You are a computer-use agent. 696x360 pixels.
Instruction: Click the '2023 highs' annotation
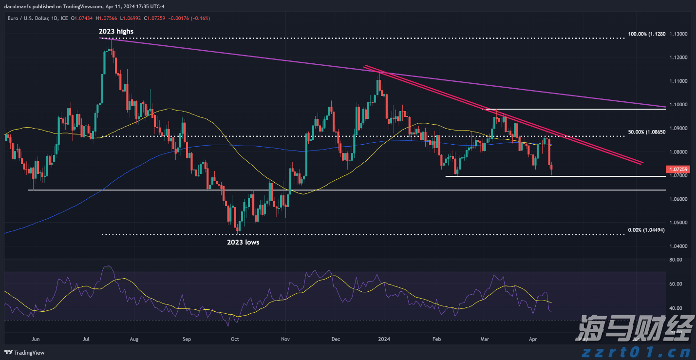(116, 31)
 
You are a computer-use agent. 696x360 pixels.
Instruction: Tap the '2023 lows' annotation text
(243, 242)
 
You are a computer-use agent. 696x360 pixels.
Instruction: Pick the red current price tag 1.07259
(679, 169)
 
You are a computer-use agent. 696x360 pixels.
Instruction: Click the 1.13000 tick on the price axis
(679, 34)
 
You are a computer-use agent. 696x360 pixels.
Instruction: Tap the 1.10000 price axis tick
(679, 105)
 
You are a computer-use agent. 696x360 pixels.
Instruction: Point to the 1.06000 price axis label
(679, 199)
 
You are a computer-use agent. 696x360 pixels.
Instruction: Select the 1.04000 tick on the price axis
(679, 246)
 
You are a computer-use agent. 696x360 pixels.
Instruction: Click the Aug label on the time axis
(134, 339)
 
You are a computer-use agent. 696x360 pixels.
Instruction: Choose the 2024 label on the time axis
(384, 339)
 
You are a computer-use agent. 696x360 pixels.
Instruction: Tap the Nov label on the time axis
(286, 339)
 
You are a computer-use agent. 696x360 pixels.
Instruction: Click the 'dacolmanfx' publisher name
(19, 6)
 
